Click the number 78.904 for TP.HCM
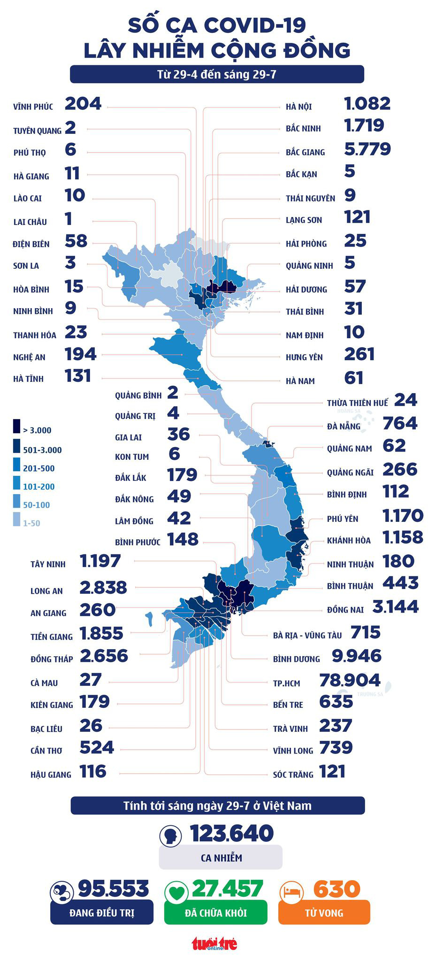pos(349,680)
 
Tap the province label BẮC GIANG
pos(305,152)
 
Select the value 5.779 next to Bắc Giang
pos(367,149)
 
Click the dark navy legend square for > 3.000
pos(17,426)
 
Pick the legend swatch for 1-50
pos(17,520)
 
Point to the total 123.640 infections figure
pos(231,833)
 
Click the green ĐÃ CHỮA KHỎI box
pos(216,913)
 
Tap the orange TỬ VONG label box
pos(324,913)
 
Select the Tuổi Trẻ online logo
pos(214,944)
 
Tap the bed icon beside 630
pos(291,891)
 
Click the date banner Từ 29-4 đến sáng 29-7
pos(217,74)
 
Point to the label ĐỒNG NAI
pos(345,610)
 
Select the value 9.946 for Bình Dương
pos(356,656)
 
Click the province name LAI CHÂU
pos(30,222)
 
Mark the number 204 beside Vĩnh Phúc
pos(83,104)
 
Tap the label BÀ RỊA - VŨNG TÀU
pos(307,635)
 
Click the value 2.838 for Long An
pos(103,588)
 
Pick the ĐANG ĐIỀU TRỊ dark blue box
pos(102,913)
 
